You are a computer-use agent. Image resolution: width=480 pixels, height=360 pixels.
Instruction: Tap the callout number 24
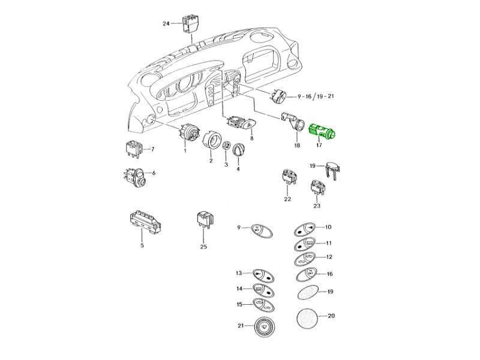tap(166, 23)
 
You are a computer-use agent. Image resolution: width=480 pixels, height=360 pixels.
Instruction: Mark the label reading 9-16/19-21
tap(315, 96)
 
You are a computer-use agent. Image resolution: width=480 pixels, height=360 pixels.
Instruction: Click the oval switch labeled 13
tap(262, 275)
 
